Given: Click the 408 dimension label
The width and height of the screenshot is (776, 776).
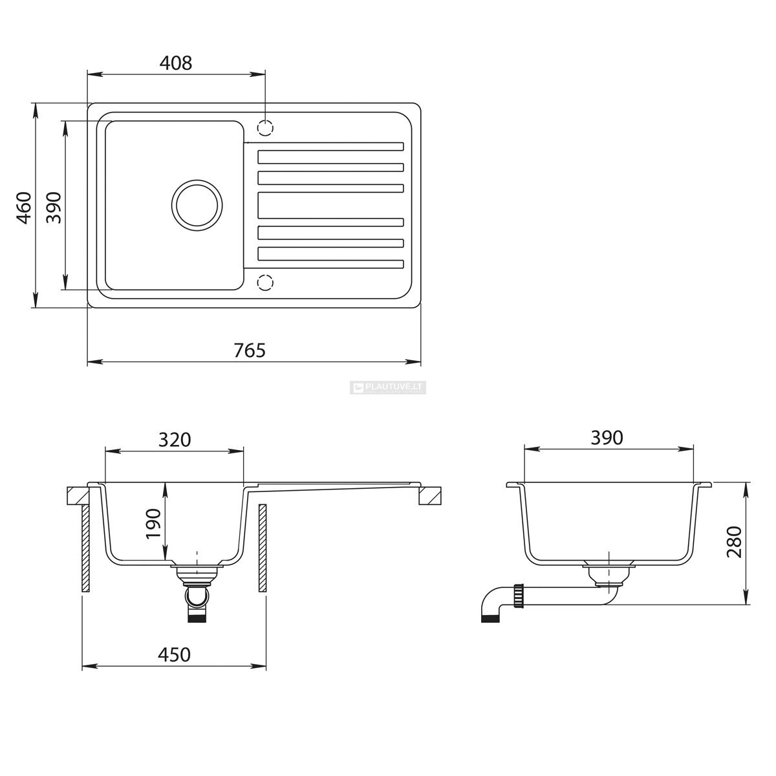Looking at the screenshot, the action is click(176, 63).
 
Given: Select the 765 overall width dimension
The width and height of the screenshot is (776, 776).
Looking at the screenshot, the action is click(250, 350).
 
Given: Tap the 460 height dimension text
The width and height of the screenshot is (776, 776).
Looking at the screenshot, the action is click(24, 208).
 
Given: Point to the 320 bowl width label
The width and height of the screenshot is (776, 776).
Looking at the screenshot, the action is click(175, 440).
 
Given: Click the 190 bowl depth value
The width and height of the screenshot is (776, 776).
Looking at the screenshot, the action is click(153, 524).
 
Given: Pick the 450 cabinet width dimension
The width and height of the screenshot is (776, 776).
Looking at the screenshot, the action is click(174, 655).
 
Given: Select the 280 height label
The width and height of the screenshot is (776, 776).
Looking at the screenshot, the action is click(734, 542).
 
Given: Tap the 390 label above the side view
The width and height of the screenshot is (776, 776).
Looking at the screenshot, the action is click(607, 438).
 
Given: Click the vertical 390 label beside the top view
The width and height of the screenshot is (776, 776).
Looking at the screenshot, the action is click(54, 208).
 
